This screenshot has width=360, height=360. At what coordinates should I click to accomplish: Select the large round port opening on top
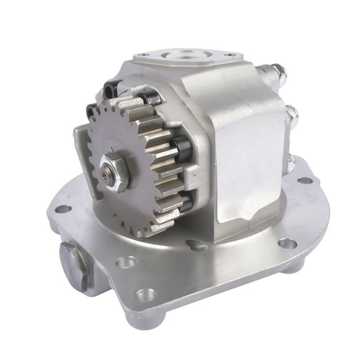tap(181, 56)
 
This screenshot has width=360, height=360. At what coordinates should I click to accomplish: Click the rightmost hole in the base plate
tap(304, 180)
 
